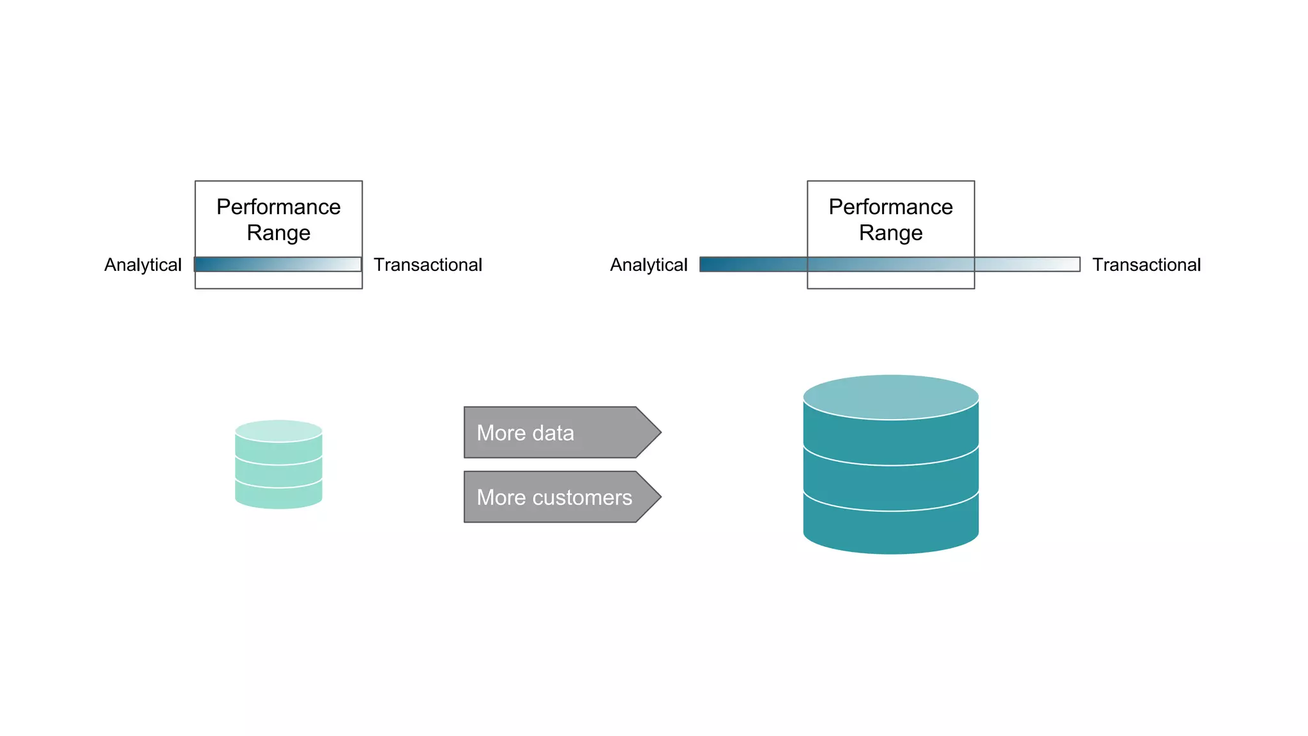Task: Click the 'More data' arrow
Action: coord(556,433)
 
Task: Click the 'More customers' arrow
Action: coord(556,497)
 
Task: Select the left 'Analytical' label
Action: coord(143,264)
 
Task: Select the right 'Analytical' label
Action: coord(648,264)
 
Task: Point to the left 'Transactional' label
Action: coord(427,264)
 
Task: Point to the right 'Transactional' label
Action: coord(1146,264)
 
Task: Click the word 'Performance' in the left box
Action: coord(278,207)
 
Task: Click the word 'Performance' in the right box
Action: coord(890,207)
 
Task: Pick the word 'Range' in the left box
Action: coord(278,233)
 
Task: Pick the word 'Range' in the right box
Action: coord(890,233)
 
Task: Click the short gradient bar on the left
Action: coord(278,264)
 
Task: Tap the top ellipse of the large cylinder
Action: coord(890,397)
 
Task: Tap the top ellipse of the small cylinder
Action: coord(278,431)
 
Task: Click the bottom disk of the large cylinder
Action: coord(890,530)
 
